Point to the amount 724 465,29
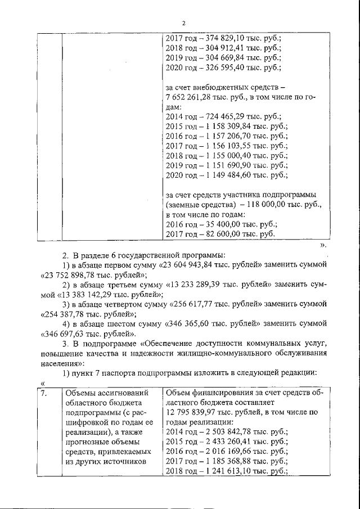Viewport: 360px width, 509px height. click(224, 117)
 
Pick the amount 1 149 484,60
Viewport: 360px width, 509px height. click(228, 175)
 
